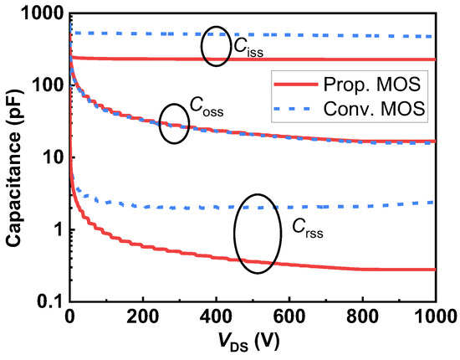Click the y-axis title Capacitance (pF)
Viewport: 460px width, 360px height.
point(15,157)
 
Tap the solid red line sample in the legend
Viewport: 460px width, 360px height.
point(295,85)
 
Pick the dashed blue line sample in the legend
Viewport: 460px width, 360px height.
point(295,108)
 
